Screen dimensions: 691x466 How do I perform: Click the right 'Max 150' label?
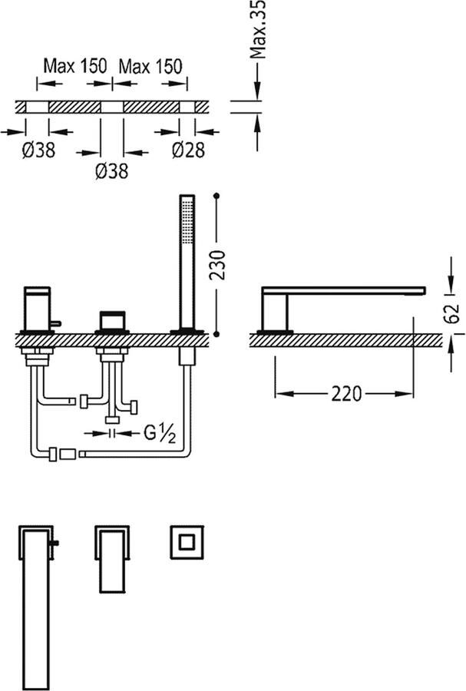point(150,66)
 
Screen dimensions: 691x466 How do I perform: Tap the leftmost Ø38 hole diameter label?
point(38,150)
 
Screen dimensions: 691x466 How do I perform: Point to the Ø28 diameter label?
point(188,150)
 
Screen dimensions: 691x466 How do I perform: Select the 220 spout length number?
point(346,394)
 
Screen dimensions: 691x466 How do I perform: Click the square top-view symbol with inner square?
point(186,544)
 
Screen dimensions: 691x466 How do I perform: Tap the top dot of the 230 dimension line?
point(219,197)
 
